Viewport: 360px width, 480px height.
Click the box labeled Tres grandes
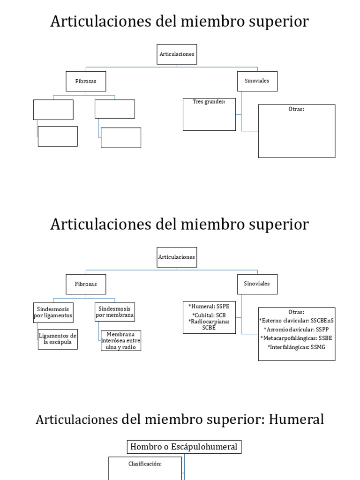click(209, 114)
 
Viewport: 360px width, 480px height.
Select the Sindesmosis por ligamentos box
click(53, 313)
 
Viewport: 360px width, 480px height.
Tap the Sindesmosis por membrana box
click(115, 312)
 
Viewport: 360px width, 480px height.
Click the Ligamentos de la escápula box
click(58, 340)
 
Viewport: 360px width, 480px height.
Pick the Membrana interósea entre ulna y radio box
click(121, 341)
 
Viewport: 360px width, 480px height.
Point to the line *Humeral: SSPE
click(209, 307)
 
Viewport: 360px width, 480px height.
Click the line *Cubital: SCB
click(209, 315)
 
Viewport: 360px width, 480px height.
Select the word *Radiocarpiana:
click(209, 322)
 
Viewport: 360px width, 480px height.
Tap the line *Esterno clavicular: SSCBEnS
click(296, 321)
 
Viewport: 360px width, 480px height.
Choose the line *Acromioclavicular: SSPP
click(296, 330)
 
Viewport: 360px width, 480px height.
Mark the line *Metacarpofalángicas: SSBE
click(296, 338)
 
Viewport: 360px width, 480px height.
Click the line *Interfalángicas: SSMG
click(296, 347)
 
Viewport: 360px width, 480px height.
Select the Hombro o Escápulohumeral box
click(184, 447)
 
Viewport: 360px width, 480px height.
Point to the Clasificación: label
click(145, 464)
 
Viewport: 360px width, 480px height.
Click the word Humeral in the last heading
click(297, 420)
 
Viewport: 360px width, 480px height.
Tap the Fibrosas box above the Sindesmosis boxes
click(86, 284)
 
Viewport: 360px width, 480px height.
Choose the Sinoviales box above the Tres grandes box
click(257, 81)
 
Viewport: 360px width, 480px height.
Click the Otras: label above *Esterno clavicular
click(296, 312)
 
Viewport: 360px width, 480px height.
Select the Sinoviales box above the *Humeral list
click(257, 284)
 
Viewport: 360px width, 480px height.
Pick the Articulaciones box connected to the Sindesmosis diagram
click(177, 257)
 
